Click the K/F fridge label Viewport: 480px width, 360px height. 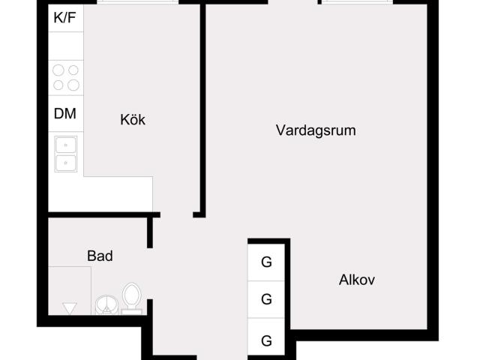pyautogui.click(x=64, y=17)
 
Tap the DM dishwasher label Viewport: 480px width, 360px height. pyautogui.click(x=65, y=113)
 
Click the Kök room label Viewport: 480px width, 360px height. pyautogui.click(x=133, y=119)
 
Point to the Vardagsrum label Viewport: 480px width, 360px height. pyautogui.click(x=316, y=130)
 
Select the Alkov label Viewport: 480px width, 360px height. pyautogui.click(x=357, y=280)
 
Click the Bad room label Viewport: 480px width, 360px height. pyautogui.click(x=100, y=256)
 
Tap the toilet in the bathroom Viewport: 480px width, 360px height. pyautogui.click(x=132, y=298)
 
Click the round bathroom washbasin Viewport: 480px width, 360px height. pyautogui.click(x=106, y=305)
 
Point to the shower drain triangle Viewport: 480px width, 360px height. pyautogui.click(x=70, y=308)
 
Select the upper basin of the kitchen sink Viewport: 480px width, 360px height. pyautogui.click(x=66, y=145)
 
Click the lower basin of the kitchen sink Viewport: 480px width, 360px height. pyautogui.click(x=66, y=163)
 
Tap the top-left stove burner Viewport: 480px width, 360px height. pyautogui.click(x=58, y=70)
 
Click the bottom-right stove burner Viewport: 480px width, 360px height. pyautogui.click(x=73, y=85)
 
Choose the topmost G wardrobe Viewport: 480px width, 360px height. pyautogui.click(x=266, y=262)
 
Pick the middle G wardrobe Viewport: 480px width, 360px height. pyautogui.click(x=266, y=299)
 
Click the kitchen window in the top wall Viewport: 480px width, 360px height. pyautogui.click(x=138, y=2)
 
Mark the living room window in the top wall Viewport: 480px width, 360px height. pyautogui.click(x=357, y=2)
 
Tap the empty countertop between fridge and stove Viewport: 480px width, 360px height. pyautogui.click(x=66, y=46)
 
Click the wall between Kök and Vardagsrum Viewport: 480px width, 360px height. pyautogui.click(x=203, y=109)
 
